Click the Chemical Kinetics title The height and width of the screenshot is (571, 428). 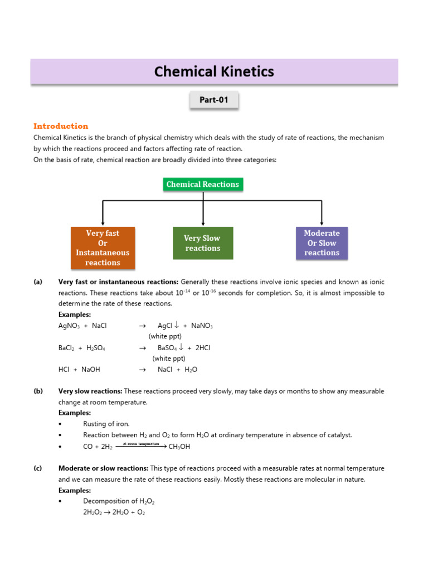point(214,72)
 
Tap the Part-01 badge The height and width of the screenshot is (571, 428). point(214,100)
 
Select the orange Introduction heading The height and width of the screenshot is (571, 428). point(61,126)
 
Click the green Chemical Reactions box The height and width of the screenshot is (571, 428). point(203,185)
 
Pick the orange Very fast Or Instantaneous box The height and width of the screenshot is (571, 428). point(103,248)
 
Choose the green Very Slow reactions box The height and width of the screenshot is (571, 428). point(203,243)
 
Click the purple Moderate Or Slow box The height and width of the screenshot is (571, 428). point(322,243)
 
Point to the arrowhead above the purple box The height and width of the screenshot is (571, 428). point(322,222)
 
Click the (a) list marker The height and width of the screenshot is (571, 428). point(38,282)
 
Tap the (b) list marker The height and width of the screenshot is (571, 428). point(38,391)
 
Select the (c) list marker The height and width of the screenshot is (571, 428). point(38,468)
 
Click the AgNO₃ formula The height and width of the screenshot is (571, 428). point(69,326)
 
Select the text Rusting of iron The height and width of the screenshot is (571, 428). point(106,424)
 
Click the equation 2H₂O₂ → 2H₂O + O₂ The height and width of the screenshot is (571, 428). point(114,512)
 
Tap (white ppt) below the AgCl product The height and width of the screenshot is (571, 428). point(165,336)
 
